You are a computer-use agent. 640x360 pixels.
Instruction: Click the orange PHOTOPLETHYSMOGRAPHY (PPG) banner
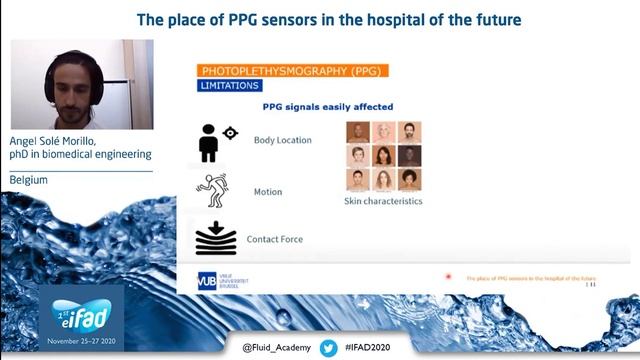click(x=293, y=71)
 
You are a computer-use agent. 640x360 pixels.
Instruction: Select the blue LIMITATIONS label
click(x=231, y=86)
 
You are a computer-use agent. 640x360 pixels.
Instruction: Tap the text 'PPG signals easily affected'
click(x=327, y=107)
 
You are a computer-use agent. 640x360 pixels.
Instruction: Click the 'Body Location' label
click(x=282, y=141)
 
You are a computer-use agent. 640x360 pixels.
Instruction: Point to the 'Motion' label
click(x=267, y=192)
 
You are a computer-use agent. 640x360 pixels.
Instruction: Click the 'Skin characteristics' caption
click(x=383, y=201)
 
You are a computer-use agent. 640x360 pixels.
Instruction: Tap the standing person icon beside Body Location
click(x=209, y=142)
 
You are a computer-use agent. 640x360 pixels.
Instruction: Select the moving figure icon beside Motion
click(x=212, y=190)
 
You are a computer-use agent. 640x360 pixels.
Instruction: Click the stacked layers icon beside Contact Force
click(x=216, y=238)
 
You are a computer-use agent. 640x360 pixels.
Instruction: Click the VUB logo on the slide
click(x=207, y=281)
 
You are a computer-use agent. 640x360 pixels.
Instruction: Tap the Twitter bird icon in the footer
click(x=328, y=347)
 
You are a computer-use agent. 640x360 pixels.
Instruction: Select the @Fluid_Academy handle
click(x=276, y=348)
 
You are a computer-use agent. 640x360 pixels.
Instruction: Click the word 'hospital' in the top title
click(x=402, y=19)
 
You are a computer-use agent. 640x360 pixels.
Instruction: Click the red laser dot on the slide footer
click(x=448, y=277)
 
